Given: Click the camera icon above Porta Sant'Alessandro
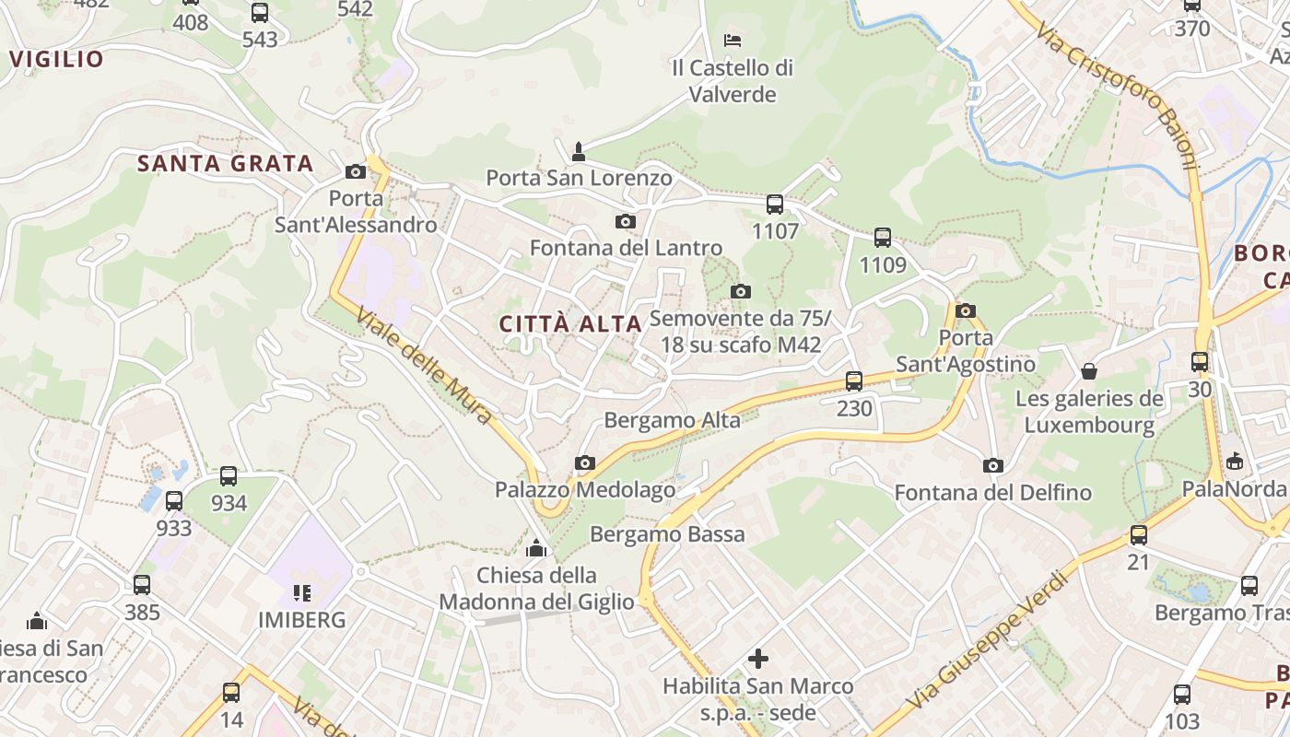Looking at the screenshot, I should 356,171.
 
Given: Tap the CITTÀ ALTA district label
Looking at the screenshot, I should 570,324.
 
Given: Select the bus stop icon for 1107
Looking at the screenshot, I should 775,205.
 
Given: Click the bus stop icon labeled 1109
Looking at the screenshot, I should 883,238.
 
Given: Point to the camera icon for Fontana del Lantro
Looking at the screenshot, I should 626,221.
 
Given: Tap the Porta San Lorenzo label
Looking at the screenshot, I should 579,178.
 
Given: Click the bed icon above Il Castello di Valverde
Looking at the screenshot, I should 733,40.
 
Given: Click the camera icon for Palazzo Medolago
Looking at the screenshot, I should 585,462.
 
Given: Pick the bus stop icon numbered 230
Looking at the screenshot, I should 854,380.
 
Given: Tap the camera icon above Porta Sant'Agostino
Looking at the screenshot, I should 966,310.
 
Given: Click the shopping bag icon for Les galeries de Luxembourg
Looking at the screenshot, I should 1089,371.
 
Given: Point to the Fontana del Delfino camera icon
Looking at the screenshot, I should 992,465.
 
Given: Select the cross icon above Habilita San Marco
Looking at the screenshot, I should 758,659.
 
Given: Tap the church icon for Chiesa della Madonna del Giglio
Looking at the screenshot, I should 536,549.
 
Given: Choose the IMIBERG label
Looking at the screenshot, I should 302,620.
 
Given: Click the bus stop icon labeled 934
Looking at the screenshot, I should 229,476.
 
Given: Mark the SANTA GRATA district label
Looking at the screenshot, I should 226,164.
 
